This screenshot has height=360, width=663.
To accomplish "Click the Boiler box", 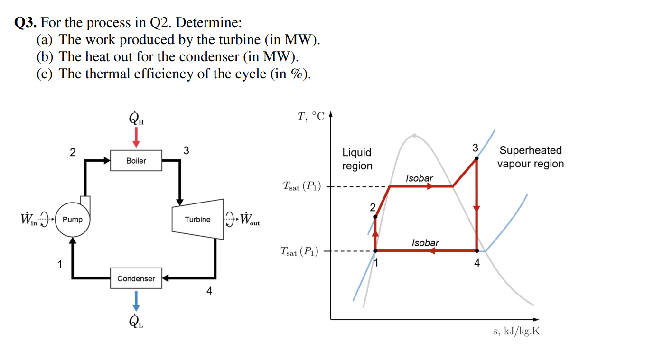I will (x=136, y=161).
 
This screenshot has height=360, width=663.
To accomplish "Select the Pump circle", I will (x=72, y=220).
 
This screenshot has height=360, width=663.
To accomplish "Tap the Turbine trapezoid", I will (x=197, y=220).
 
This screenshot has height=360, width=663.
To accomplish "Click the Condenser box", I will (x=136, y=278).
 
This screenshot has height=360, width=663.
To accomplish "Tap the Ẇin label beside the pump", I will (x=28, y=220).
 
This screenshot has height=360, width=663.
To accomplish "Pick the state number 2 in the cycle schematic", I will (x=72, y=152).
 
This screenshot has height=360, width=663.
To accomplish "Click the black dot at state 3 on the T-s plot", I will (x=476, y=158).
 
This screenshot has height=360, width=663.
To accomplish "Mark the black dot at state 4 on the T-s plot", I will (x=476, y=250).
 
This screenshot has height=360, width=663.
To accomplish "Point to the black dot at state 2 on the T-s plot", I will (x=375, y=217).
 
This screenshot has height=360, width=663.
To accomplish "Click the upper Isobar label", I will (x=420, y=178).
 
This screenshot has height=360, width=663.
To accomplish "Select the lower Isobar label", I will (x=425, y=243).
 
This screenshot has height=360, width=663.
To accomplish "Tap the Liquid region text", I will (x=357, y=159).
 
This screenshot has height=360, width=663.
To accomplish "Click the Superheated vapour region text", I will (x=530, y=157).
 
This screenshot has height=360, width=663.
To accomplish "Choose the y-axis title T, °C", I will (x=311, y=117).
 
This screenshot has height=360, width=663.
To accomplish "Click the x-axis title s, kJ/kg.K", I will (x=516, y=332).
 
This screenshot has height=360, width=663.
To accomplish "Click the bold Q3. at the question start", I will (x=26, y=23).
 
